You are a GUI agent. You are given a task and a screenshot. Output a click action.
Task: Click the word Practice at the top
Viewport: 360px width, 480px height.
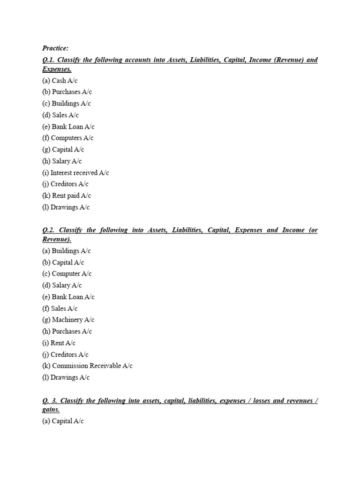(55, 48)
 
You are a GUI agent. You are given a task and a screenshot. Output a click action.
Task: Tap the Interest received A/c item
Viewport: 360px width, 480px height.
(75, 172)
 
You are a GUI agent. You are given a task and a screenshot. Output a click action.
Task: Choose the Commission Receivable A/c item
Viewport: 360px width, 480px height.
(88, 366)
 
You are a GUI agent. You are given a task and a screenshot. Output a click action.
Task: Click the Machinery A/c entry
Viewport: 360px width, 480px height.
(68, 320)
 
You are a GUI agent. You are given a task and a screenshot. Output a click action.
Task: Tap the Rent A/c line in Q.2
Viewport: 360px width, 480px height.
(59, 343)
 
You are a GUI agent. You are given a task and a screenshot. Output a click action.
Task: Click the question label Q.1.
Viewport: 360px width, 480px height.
(48, 60)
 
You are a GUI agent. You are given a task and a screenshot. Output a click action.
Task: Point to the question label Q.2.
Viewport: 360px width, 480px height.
(48, 230)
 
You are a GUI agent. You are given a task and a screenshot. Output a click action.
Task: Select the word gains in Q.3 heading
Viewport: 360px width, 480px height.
(50, 409)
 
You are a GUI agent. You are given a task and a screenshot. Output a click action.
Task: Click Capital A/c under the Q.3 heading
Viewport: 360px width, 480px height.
(63, 421)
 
